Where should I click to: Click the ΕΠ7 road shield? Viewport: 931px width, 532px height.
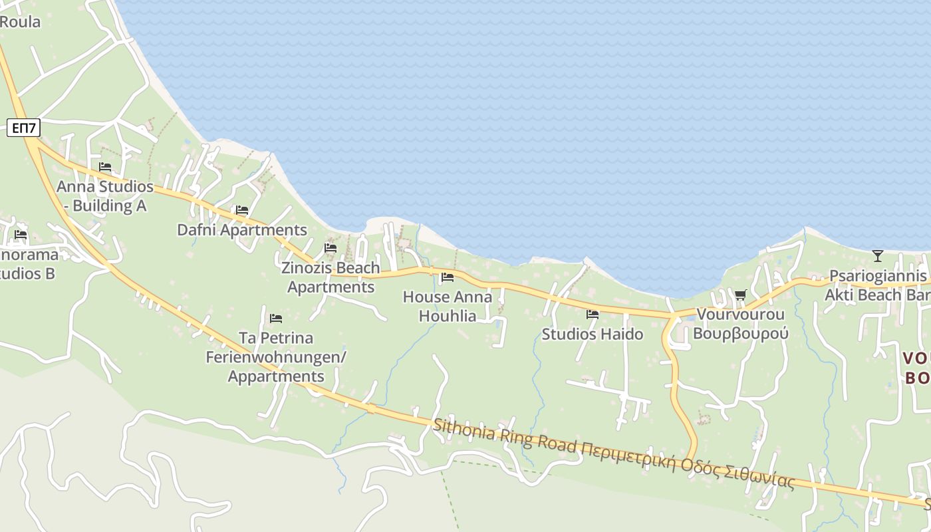point(24,127)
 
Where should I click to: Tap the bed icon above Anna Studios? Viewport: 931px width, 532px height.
point(105,167)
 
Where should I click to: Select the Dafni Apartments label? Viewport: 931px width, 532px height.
point(242,230)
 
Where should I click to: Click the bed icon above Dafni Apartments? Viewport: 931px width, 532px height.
point(242,210)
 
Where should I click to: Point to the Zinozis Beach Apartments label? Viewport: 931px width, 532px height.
point(331,277)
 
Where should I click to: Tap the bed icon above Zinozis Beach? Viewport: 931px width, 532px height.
point(331,248)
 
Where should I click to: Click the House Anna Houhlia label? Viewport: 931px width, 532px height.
point(448,306)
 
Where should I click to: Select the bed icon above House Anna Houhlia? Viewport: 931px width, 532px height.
point(448,277)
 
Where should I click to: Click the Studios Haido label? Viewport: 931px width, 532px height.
point(593,334)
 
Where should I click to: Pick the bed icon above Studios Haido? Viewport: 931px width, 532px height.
point(593,315)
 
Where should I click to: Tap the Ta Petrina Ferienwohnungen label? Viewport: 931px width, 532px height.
point(276,356)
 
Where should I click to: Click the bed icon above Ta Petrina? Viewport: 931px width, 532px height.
point(276,319)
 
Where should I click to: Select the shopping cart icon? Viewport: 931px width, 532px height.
point(740,295)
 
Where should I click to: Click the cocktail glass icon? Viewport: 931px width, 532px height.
point(878,255)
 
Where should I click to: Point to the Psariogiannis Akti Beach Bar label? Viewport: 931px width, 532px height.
point(876,285)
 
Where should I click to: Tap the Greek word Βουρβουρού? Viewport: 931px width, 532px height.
point(741,333)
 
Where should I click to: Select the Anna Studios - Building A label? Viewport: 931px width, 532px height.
point(105,196)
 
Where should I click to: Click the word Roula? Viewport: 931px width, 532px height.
point(20,21)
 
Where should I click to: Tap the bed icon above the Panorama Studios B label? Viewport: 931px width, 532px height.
point(21,235)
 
